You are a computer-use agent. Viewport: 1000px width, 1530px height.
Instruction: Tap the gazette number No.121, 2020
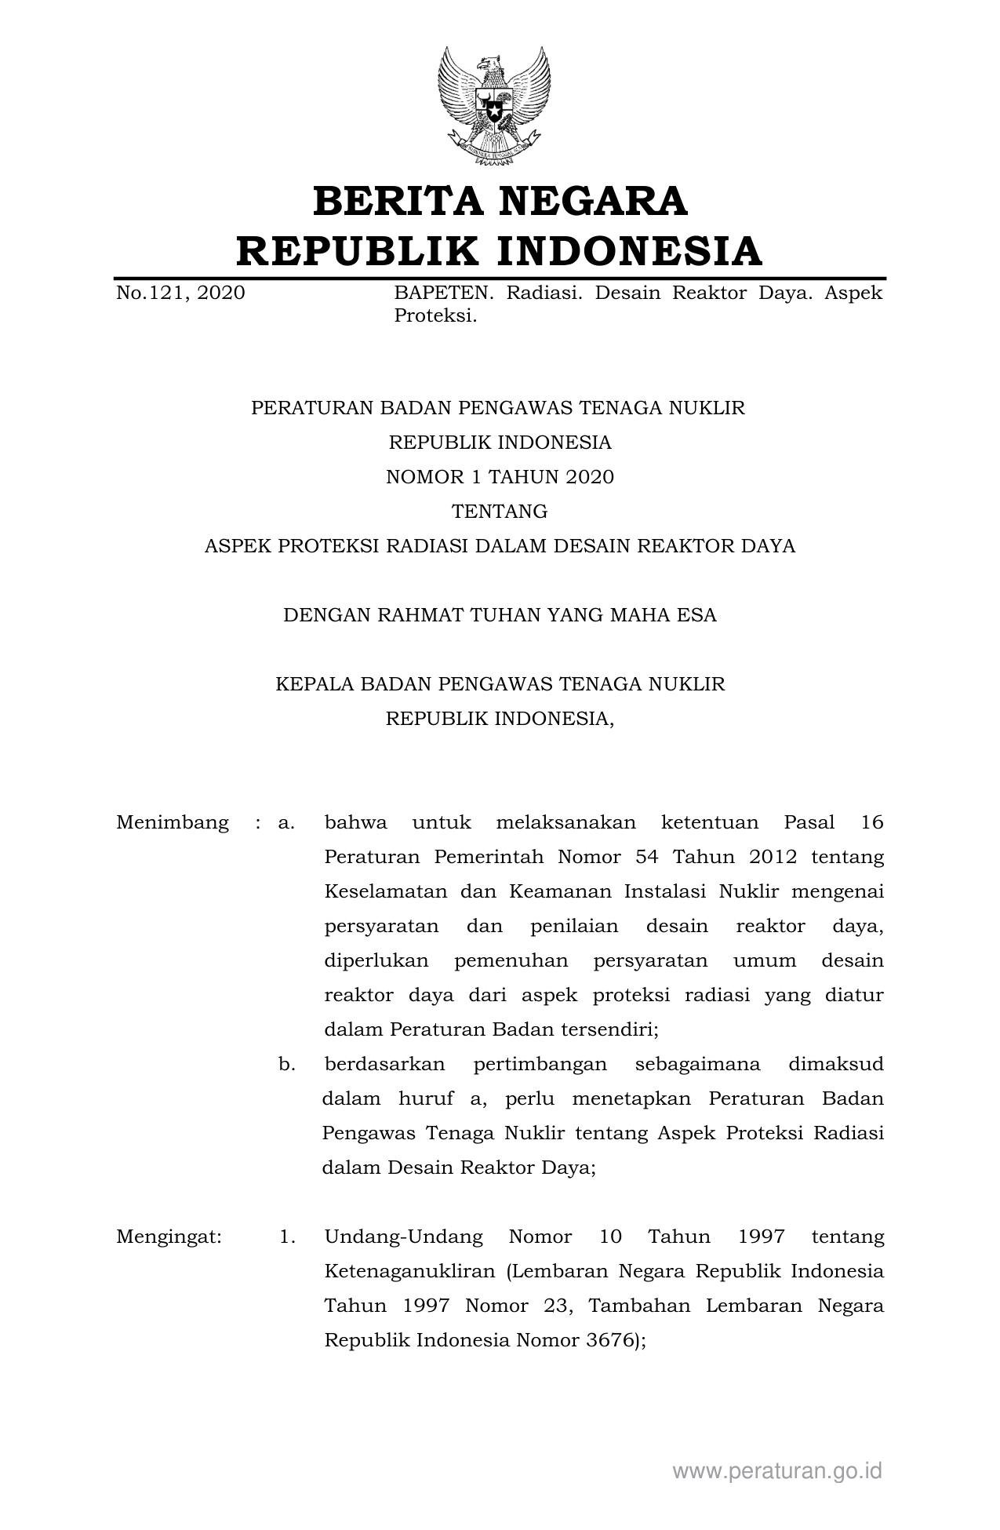coord(180,293)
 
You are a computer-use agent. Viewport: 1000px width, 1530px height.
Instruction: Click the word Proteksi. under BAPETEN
coord(435,316)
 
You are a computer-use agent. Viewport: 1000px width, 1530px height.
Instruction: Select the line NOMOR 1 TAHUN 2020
coord(500,477)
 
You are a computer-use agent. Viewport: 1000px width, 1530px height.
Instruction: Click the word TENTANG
coord(500,512)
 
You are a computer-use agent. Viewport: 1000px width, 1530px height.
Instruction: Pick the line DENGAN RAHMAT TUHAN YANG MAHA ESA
coord(500,615)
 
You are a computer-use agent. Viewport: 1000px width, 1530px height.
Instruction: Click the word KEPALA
coord(314,684)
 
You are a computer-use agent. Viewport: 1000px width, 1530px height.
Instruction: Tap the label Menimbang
coord(173,822)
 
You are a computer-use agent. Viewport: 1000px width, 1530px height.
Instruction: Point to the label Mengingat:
coord(169,1237)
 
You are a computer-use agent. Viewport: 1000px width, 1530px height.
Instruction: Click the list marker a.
coord(286,822)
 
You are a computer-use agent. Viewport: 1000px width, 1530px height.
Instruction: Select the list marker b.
coord(286,1064)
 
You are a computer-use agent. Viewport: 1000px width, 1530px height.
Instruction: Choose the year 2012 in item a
coord(773,857)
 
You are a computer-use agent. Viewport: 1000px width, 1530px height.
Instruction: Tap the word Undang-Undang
coord(403,1237)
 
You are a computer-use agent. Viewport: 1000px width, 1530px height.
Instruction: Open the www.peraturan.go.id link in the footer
coord(777,1470)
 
